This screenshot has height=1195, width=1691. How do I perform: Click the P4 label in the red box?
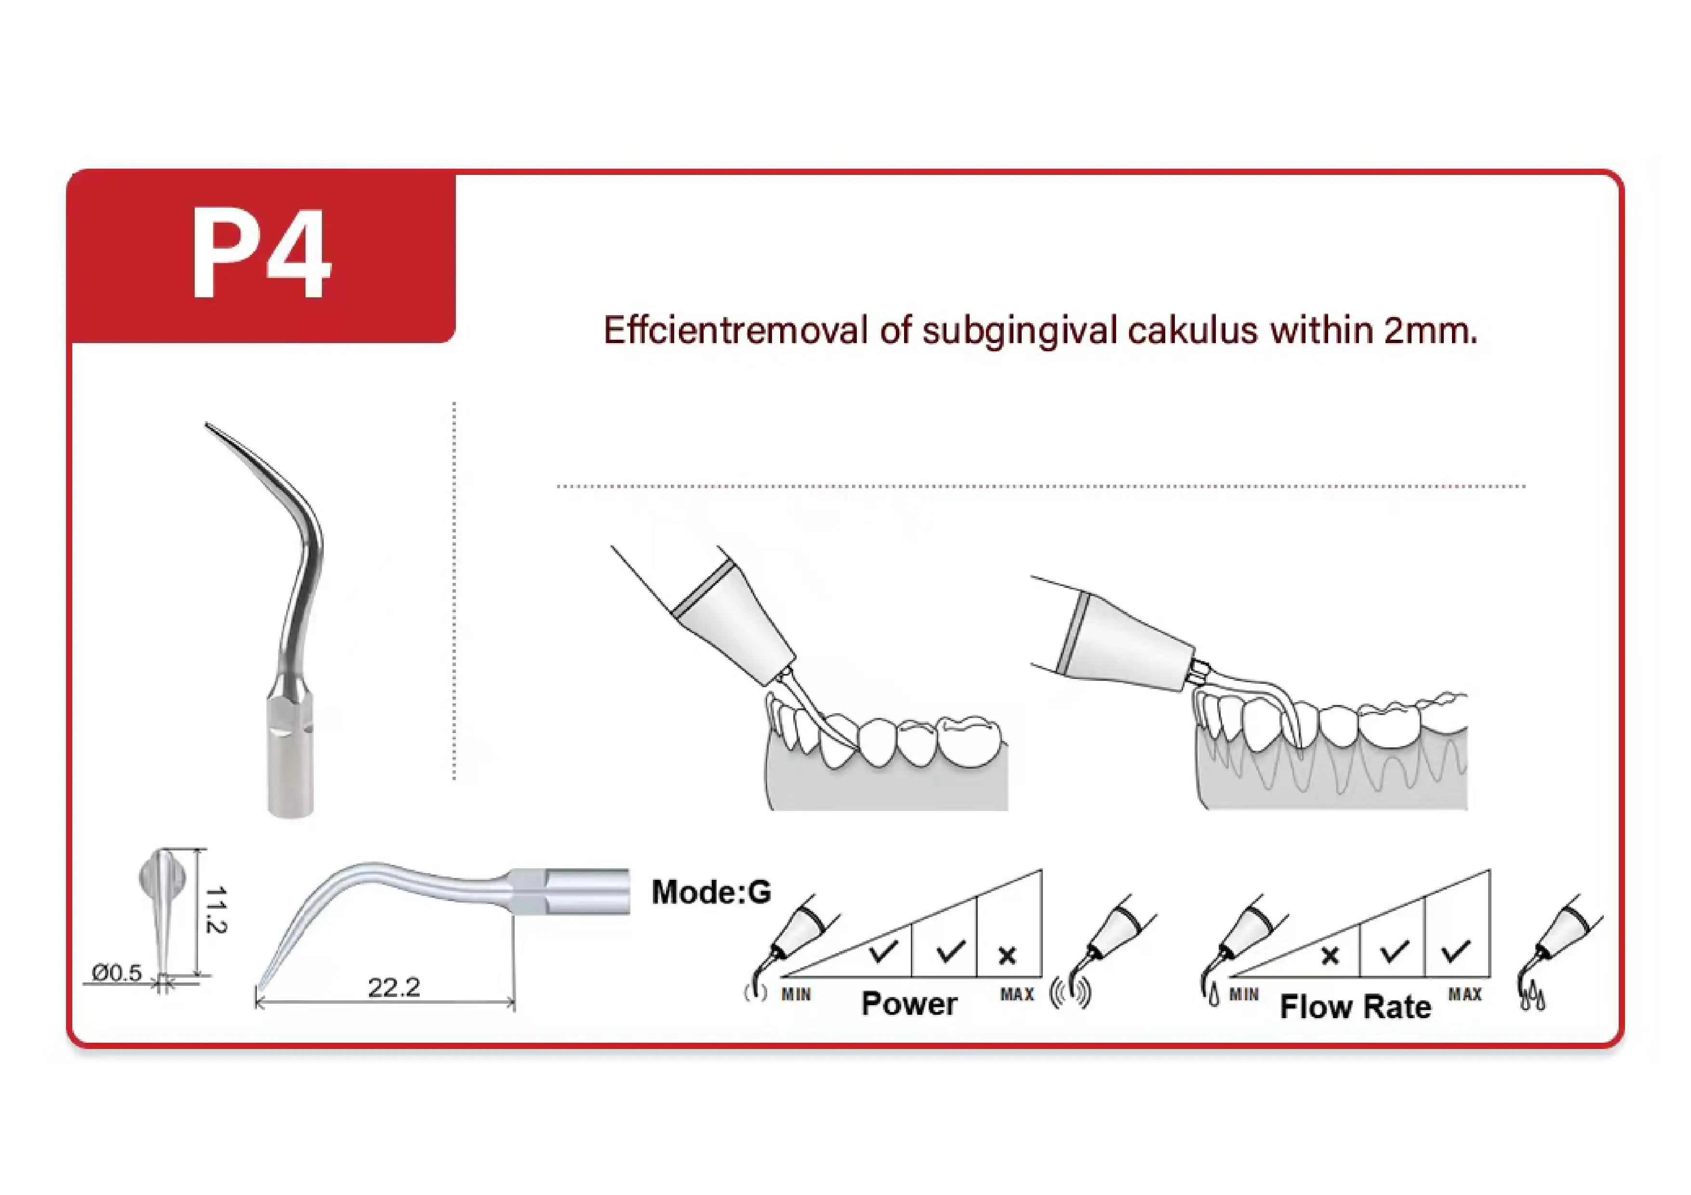click(262, 254)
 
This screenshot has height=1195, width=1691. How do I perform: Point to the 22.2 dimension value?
click(394, 987)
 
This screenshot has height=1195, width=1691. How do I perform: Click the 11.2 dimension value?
click(215, 910)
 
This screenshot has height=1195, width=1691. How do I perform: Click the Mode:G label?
click(711, 892)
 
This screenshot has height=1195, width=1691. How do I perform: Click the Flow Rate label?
click(1355, 1007)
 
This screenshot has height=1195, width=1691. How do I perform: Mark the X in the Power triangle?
click(1008, 956)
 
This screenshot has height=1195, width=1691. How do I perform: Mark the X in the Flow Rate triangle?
click(1330, 956)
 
